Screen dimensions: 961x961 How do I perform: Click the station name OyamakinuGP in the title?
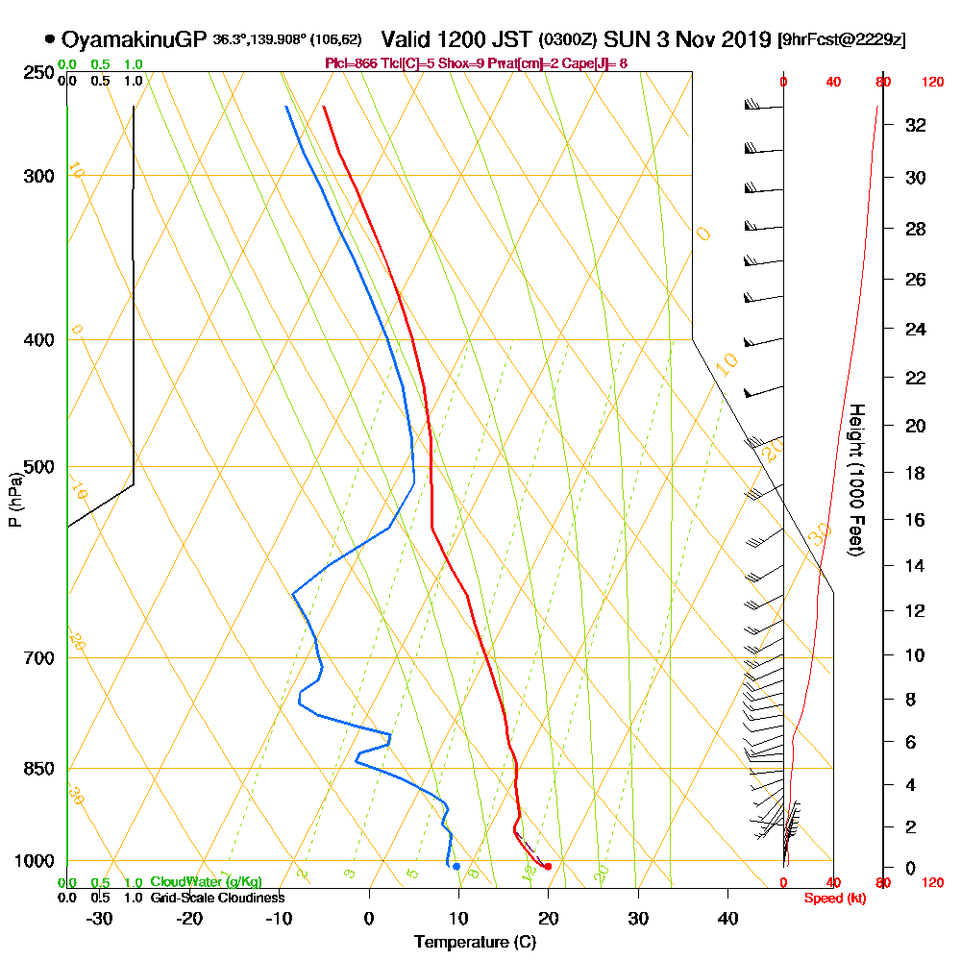pyautogui.click(x=134, y=39)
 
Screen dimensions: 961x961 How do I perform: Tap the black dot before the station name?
pyautogui.click(x=49, y=39)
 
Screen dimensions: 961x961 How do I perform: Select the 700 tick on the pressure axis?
pyautogui.click(x=40, y=658)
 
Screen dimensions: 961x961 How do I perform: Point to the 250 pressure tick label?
pyautogui.click(x=40, y=73)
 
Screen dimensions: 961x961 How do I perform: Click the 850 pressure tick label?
pyautogui.click(x=40, y=769)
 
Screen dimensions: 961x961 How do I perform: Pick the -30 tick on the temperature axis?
pyautogui.click(x=100, y=918)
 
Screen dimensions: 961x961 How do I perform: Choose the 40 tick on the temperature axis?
pyautogui.click(x=727, y=918)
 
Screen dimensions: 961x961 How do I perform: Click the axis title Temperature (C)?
pyautogui.click(x=475, y=943)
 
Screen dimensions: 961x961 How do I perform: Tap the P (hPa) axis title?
pyautogui.click(x=14, y=500)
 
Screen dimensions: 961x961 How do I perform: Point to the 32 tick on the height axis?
pyautogui.click(x=915, y=125)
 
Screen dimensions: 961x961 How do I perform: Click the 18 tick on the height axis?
pyautogui.click(x=915, y=473)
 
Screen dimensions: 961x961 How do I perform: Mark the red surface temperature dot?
pyautogui.click(x=548, y=867)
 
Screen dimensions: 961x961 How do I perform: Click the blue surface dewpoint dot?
pyautogui.click(x=456, y=867)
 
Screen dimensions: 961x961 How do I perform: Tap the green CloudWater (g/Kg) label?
pyautogui.click(x=206, y=882)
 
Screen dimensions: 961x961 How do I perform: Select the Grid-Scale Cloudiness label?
pyautogui.click(x=217, y=898)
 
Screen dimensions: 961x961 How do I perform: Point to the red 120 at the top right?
pyautogui.click(x=932, y=83)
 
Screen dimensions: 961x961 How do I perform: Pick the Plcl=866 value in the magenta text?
pyautogui.click(x=354, y=63)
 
